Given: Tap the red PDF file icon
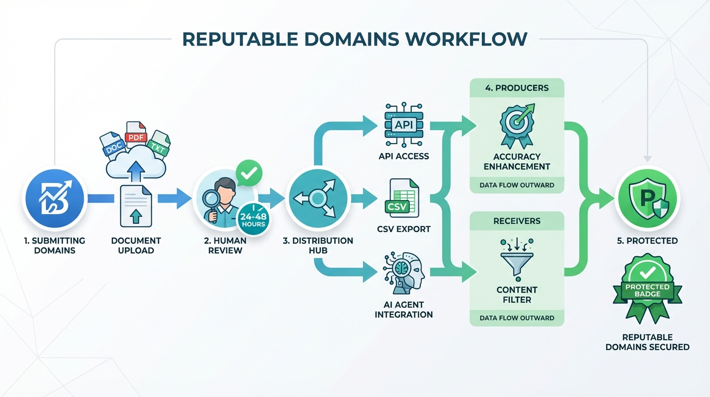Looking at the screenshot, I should click(x=136, y=135).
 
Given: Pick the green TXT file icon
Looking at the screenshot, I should click(x=159, y=144).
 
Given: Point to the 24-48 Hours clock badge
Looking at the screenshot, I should click(x=253, y=220).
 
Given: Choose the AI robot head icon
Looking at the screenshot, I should click(x=404, y=272).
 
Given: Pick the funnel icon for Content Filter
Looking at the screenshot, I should click(x=517, y=258).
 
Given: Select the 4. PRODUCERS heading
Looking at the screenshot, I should click(x=517, y=88).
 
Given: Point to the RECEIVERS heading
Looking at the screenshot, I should click(x=517, y=221).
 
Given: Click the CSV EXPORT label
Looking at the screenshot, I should click(x=404, y=229).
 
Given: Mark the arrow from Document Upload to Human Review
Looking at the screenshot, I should click(x=174, y=198).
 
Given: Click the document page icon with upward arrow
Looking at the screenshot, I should click(x=136, y=207).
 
